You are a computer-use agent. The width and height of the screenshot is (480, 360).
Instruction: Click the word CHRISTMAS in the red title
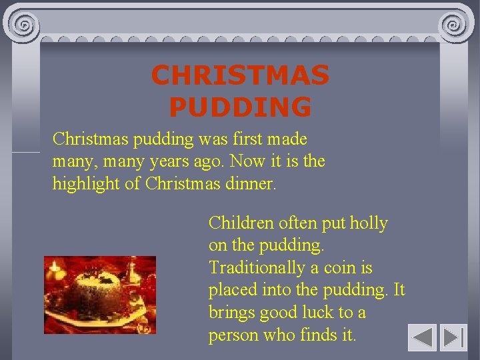coord(240,75)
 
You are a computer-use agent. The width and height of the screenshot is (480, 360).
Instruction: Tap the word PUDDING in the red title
coord(240,107)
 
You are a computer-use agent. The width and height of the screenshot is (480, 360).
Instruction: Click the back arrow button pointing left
coord(422,337)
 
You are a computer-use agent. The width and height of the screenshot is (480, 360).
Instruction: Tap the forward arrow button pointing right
coord(454,337)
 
